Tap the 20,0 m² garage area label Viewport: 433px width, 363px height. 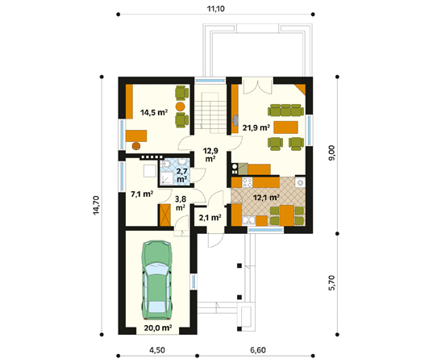click(158, 328)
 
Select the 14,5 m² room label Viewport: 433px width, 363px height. click(153, 113)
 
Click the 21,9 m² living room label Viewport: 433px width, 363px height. click(256, 127)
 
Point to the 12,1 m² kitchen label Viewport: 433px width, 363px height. click(266, 197)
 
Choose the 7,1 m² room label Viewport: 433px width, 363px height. click(141, 194)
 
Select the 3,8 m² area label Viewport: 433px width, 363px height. click(181, 202)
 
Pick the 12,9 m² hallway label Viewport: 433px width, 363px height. click(210, 154)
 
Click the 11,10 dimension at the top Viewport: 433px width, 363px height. click(214, 9)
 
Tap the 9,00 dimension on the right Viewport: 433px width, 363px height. click(332, 153)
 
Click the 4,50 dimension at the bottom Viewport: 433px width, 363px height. click(157, 351)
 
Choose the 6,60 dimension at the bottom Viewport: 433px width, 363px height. click(257, 351)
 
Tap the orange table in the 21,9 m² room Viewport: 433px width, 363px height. click(286, 127)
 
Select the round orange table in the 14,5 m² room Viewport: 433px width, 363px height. click(181, 105)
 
